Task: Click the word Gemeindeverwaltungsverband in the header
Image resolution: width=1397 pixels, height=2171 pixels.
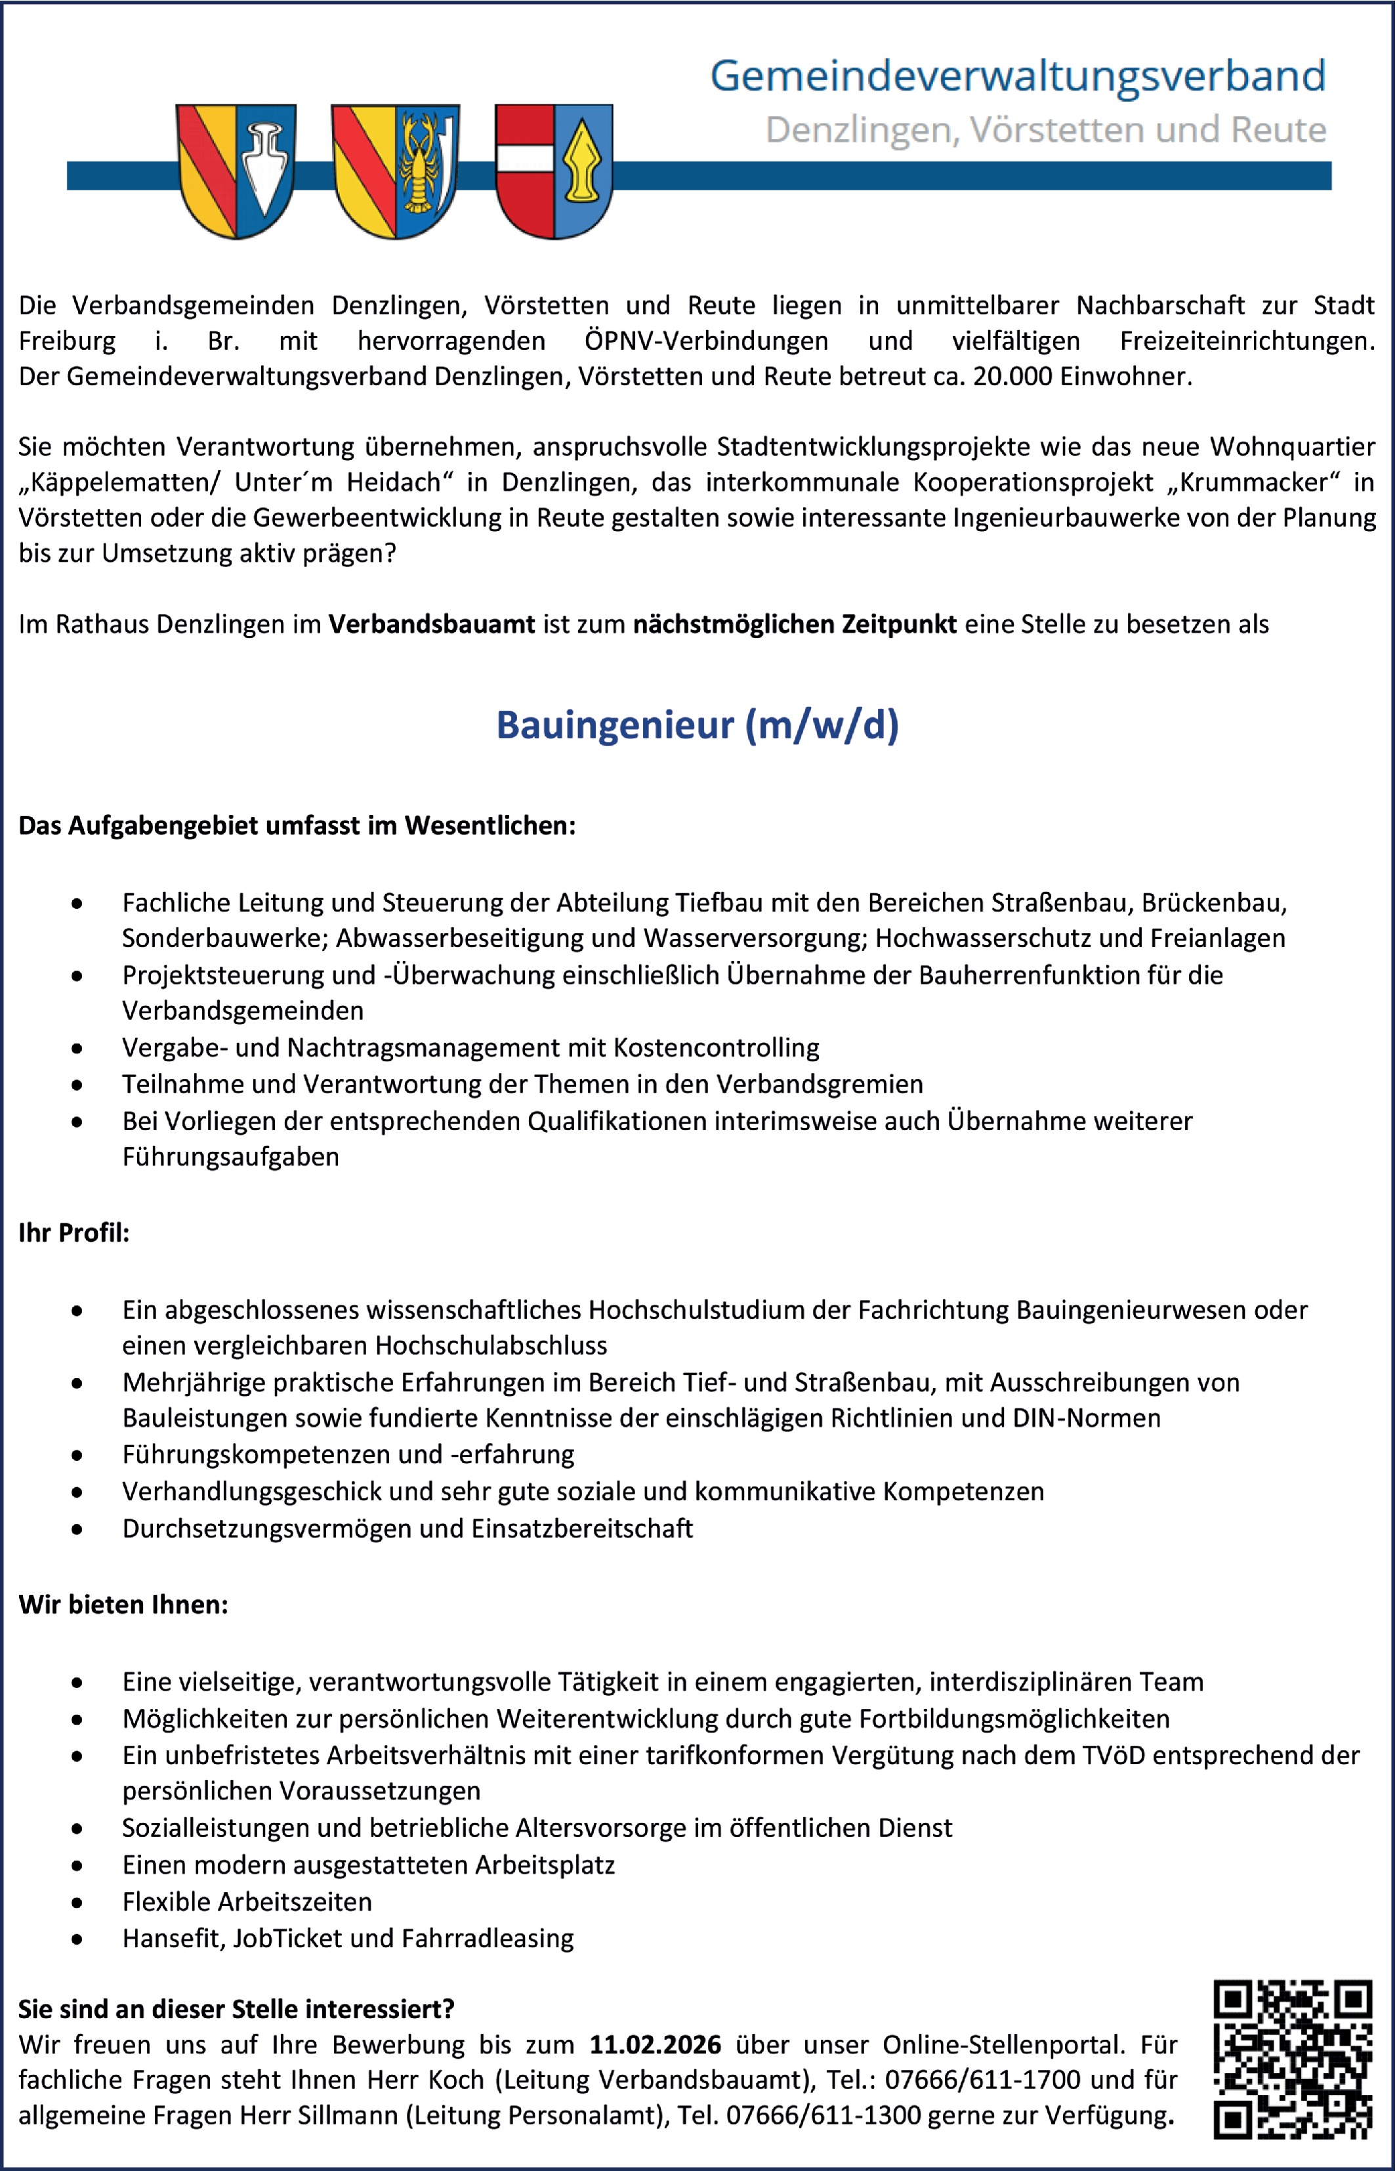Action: (1017, 75)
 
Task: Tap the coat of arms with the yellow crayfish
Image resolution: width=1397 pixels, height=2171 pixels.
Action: (396, 171)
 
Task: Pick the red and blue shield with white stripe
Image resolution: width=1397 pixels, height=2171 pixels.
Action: (553, 171)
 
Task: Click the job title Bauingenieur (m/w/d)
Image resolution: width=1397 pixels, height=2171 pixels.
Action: (697, 725)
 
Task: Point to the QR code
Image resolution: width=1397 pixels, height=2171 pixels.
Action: (1292, 2059)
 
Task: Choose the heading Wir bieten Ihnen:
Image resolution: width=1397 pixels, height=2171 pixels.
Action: (123, 1604)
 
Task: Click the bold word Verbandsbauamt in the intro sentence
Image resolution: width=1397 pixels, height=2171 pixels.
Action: (431, 624)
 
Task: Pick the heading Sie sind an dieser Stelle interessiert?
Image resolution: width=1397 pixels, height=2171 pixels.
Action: (236, 2009)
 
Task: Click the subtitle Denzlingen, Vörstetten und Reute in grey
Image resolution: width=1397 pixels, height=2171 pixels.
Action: (1045, 130)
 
